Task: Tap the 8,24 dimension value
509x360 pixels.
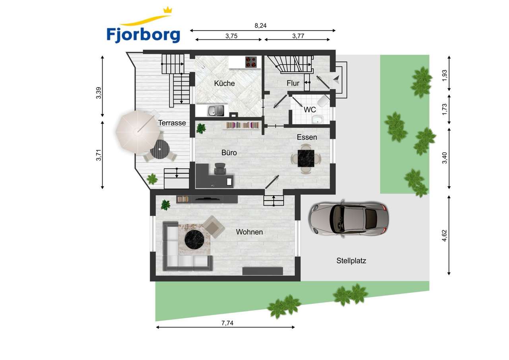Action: click(x=260, y=26)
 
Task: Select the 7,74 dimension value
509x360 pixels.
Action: click(x=227, y=323)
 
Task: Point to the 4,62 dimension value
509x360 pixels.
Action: click(x=445, y=235)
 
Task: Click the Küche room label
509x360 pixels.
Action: click(x=224, y=84)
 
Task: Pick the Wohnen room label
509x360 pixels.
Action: click(x=249, y=232)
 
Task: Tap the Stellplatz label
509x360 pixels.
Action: click(x=351, y=261)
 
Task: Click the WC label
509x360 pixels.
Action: click(x=310, y=110)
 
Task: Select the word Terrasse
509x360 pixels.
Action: click(x=172, y=123)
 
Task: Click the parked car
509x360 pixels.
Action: click(x=348, y=218)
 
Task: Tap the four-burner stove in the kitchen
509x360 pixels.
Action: click(x=251, y=62)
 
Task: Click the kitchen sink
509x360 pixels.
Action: click(x=215, y=111)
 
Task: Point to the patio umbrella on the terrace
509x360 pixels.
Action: click(x=138, y=132)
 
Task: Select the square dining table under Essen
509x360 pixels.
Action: click(x=306, y=158)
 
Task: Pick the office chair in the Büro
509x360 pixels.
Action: click(x=220, y=169)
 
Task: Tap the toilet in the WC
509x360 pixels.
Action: click(x=324, y=101)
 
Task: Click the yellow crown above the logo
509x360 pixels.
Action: click(x=168, y=10)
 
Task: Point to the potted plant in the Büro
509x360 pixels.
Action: click(x=201, y=128)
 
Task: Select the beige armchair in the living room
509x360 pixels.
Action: click(x=214, y=227)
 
